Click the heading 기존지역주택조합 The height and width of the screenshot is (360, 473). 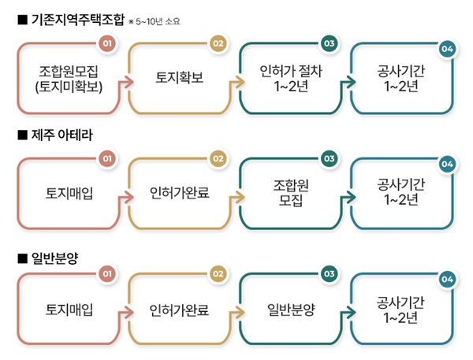[x=78, y=20]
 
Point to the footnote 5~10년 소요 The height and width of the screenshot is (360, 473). [x=158, y=22]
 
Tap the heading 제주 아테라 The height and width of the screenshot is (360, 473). [x=61, y=135]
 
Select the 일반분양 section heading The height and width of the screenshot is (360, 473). [x=54, y=258]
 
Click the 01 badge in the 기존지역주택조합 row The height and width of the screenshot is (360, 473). [x=107, y=43]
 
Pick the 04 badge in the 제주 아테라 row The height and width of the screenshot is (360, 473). [x=447, y=164]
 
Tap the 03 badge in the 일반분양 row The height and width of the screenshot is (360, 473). [x=329, y=274]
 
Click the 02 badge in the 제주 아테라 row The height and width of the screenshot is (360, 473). [x=218, y=158]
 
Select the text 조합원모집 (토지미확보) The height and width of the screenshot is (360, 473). [x=69, y=79]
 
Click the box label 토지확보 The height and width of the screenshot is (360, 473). [x=179, y=77]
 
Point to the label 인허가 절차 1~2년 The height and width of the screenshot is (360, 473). [x=291, y=79]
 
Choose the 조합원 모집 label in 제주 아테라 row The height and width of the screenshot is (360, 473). [x=291, y=193]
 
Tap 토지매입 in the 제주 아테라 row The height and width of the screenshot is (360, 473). [x=69, y=193]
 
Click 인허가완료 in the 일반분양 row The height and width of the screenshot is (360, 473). [x=179, y=310]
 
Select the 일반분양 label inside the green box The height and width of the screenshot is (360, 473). [x=291, y=310]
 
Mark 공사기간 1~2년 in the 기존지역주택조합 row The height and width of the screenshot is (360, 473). [x=401, y=79]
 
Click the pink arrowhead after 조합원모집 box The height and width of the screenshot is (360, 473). [x=129, y=82]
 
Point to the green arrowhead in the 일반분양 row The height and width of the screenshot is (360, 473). [x=351, y=313]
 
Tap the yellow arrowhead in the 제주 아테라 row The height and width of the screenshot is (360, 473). [x=240, y=198]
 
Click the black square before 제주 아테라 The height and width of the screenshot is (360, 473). [x=22, y=135]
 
